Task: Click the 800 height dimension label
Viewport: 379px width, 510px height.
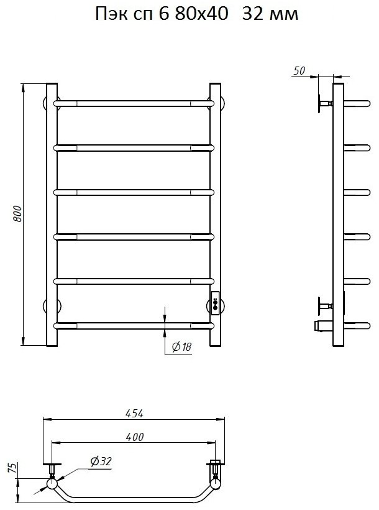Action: pos(18,214)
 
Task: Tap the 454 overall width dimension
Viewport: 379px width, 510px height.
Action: pos(134,414)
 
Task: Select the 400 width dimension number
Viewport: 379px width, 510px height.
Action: pos(135,437)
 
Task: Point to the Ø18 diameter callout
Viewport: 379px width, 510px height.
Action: pos(181,346)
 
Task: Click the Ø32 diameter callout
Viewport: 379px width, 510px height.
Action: pos(101,461)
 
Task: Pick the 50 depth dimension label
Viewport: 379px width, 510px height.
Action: pos(299,70)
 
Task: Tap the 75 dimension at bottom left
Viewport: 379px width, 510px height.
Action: pos(12,468)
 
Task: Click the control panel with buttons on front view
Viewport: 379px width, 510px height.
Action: pos(215,303)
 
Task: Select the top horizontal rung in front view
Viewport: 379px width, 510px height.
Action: pos(134,103)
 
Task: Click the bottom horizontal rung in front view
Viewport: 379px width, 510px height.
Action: pos(134,325)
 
